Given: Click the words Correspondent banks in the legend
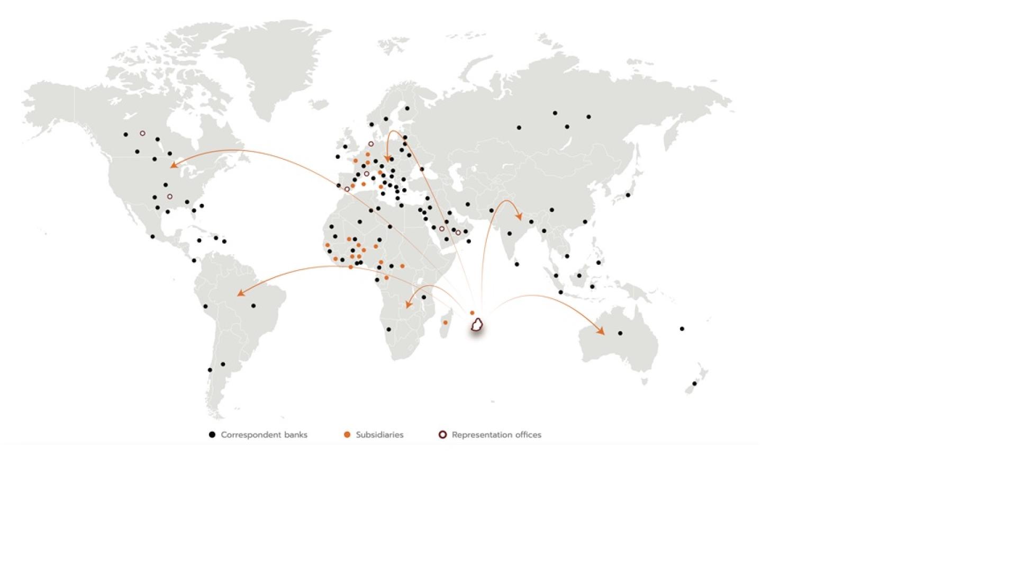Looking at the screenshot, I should coord(264,435).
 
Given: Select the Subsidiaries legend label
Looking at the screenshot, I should coord(379,435).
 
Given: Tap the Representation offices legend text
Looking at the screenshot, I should coord(496,435).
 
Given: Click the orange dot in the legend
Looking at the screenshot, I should coord(347,435).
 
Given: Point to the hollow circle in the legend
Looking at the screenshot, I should coord(443,435).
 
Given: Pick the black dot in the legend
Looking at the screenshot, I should coord(212,435).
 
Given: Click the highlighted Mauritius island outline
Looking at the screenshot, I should coord(477,325).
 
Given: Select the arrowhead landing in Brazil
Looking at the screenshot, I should coord(241,292).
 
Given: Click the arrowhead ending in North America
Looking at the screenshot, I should coord(173,165).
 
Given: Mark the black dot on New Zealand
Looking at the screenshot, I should coord(695,383).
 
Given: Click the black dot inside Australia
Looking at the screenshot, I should coord(620,333).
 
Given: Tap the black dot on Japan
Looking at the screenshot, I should coord(628,195).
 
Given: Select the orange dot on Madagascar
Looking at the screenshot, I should coord(445,323).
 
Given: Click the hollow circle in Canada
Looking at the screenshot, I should coord(142,133).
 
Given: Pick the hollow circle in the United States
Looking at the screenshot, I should coord(170,196).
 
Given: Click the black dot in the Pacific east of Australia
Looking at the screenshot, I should coord(682,329).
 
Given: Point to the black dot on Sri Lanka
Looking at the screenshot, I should coord(517,264).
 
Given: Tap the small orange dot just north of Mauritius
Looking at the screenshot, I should coord(472,313).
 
